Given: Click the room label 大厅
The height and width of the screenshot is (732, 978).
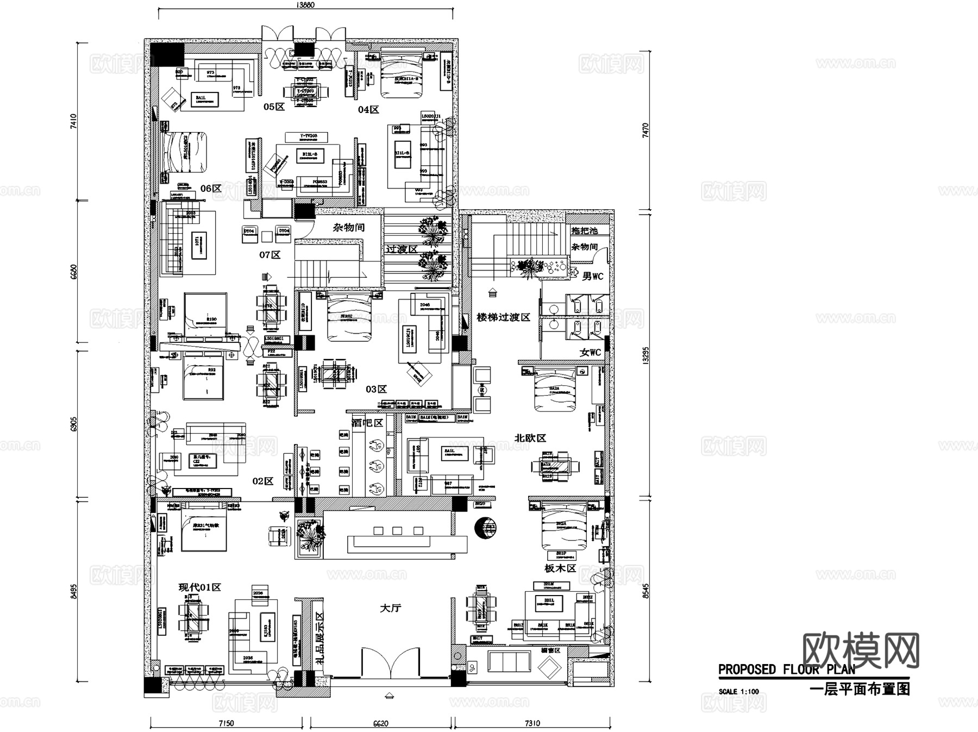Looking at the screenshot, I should pyautogui.click(x=390, y=608).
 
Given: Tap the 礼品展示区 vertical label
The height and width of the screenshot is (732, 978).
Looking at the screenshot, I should pyautogui.click(x=319, y=635).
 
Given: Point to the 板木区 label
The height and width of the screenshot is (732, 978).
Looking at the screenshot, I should pyautogui.click(x=560, y=568).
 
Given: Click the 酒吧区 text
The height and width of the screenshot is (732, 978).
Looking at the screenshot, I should pyautogui.click(x=367, y=423).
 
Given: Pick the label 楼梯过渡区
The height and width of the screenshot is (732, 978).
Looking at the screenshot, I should pyautogui.click(x=503, y=317).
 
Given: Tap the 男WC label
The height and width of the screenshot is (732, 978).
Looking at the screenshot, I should pyautogui.click(x=592, y=277).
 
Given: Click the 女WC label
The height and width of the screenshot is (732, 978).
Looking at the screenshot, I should pyautogui.click(x=590, y=353).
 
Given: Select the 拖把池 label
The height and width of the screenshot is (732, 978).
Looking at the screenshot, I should pyautogui.click(x=584, y=230).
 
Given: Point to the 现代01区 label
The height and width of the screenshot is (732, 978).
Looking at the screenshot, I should pyautogui.click(x=199, y=587).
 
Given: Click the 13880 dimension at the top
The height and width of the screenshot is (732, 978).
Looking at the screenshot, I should pyautogui.click(x=306, y=5).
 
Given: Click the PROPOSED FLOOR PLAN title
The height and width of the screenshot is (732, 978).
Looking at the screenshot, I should pyautogui.click(x=786, y=669).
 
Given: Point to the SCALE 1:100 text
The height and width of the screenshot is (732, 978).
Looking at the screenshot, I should pyautogui.click(x=738, y=692).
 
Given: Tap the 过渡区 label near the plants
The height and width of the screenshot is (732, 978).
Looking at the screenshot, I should pyautogui.click(x=402, y=249).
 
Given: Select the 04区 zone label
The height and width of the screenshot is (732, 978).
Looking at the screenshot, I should pyautogui.click(x=368, y=110).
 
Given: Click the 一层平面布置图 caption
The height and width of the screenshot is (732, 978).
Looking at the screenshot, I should pyautogui.click(x=860, y=690).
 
